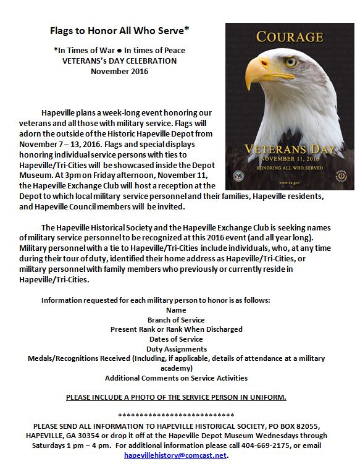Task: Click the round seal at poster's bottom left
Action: point(238,175)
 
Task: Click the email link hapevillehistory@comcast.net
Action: point(176,455)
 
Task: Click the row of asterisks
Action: point(176,415)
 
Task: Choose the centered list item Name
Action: point(176,310)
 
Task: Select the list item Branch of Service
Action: point(176,319)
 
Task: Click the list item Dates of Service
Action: point(176,339)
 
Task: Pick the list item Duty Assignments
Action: point(176,349)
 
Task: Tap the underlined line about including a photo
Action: point(176,397)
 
